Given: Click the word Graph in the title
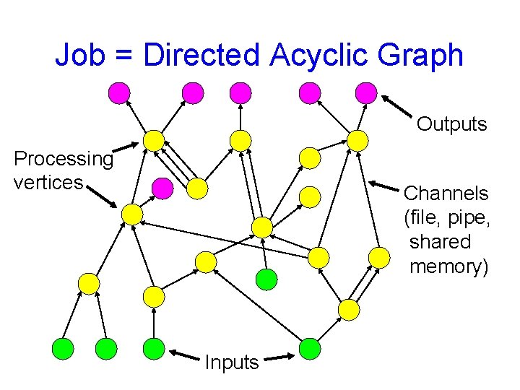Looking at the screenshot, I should [x=420, y=56].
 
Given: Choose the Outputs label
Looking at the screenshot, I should [x=452, y=124].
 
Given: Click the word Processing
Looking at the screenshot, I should [x=64, y=158].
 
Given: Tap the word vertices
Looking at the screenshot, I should [x=48, y=182].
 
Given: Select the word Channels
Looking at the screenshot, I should [x=446, y=194].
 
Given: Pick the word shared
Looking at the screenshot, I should [x=440, y=242].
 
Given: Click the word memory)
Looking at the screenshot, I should [x=448, y=266].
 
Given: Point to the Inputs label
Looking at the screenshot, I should [x=231, y=362].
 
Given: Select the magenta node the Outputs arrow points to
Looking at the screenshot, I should [x=367, y=92].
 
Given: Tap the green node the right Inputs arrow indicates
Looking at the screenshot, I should [x=310, y=349].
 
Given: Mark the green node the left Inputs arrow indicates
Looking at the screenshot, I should [x=154, y=349].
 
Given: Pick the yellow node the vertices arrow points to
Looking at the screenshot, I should [x=132, y=214].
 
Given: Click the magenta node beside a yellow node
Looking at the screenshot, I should [x=163, y=188].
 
